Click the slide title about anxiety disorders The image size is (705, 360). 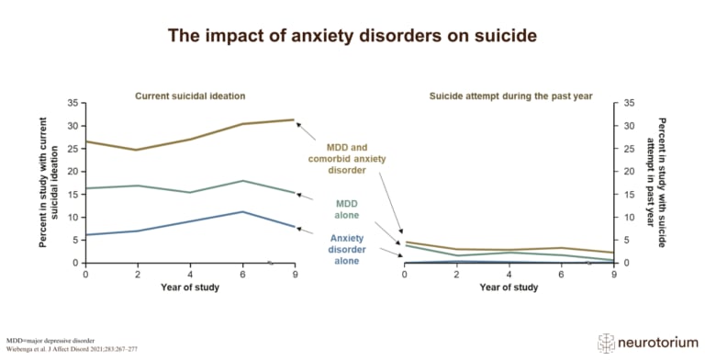[x=352, y=37]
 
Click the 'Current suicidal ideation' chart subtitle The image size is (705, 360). [x=190, y=96]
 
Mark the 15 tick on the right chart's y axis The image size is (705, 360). [x=629, y=195]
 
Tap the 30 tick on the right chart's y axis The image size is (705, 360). [x=629, y=126]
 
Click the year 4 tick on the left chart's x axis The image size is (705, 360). [x=190, y=275]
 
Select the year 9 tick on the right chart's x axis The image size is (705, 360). [x=612, y=275]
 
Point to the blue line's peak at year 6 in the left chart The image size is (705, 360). [x=241, y=212]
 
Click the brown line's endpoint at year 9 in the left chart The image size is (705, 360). [x=293, y=119]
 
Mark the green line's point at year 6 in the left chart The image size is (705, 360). [x=241, y=181]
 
